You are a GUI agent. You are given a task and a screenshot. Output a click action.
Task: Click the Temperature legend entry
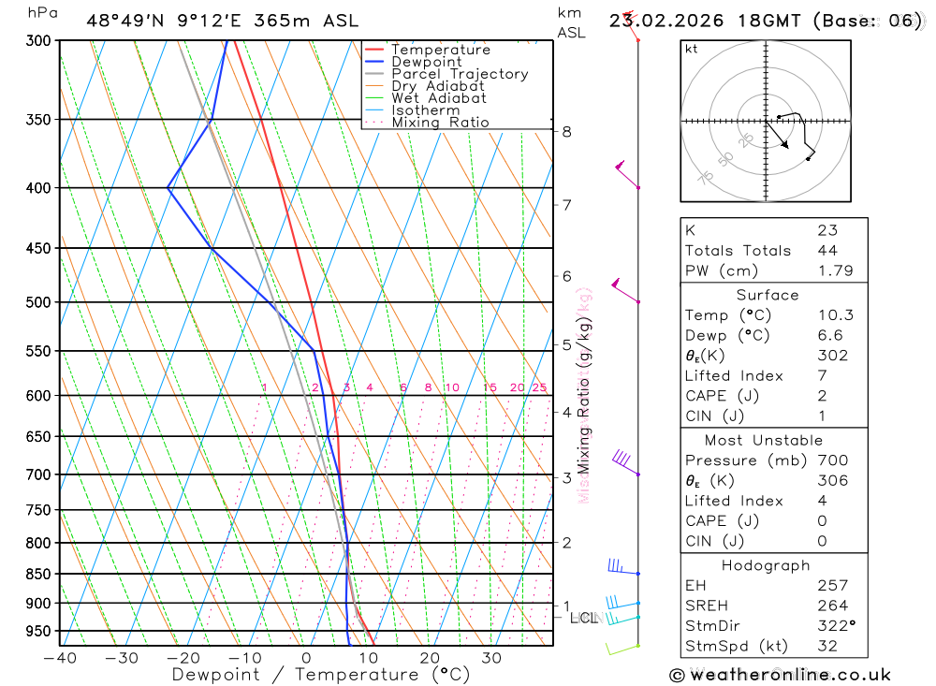[x=440, y=50]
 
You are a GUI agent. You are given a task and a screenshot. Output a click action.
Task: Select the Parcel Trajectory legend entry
[x=460, y=74]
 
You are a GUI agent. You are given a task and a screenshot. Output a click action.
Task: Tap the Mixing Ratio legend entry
[x=440, y=123]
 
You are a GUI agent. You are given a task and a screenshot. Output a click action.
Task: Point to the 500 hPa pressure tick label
[x=37, y=302]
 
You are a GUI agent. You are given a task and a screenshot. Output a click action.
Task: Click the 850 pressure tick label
[x=37, y=574]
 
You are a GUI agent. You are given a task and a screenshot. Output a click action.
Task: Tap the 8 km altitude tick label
[x=567, y=132]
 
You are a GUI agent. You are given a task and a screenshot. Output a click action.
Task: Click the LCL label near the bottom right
[x=583, y=618]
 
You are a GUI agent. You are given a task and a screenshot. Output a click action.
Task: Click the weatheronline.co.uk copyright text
[x=780, y=675]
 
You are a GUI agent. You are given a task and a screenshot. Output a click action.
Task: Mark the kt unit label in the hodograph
[x=691, y=49]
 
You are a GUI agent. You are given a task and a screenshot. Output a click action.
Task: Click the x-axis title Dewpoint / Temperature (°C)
[x=321, y=674]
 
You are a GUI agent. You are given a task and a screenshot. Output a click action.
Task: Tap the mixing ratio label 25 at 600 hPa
[x=539, y=387]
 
